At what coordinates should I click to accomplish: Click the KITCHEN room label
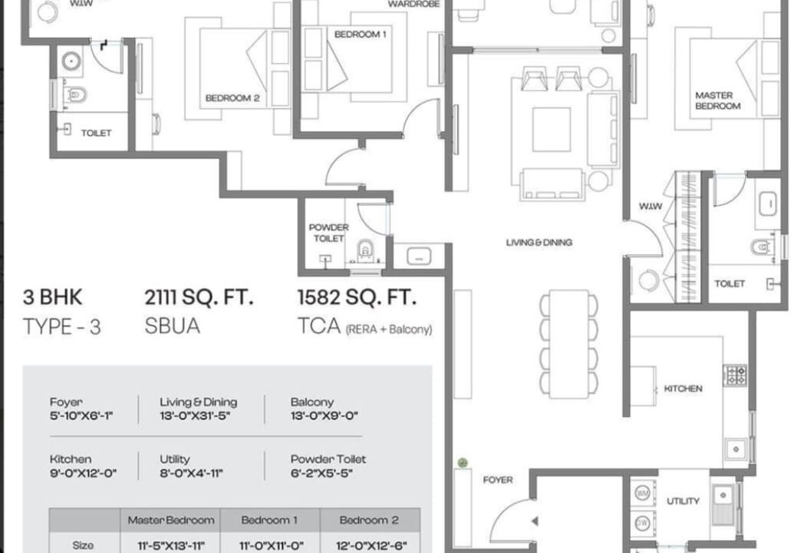pyautogui.click(x=683, y=389)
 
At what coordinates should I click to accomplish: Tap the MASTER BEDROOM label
pyautogui.click(x=717, y=101)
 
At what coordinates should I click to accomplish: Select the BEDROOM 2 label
pyautogui.click(x=232, y=98)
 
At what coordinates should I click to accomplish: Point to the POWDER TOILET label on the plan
pyautogui.click(x=328, y=233)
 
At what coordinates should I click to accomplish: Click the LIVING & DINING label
pyautogui.click(x=539, y=242)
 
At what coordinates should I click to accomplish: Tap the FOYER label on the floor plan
pyautogui.click(x=498, y=480)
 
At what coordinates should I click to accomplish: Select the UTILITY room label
pyautogui.click(x=683, y=501)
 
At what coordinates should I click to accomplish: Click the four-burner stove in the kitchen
pyautogui.click(x=735, y=375)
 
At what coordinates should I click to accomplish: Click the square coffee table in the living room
pyautogui.click(x=552, y=129)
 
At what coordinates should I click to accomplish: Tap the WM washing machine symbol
pyautogui.click(x=643, y=493)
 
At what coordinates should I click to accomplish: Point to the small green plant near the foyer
pyautogui.click(x=463, y=462)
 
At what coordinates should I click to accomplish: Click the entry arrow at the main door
pyautogui.click(x=535, y=521)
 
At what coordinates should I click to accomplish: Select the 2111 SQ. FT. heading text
pyautogui.click(x=199, y=297)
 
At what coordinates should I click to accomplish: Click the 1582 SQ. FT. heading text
pyautogui.click(x=356, y=297)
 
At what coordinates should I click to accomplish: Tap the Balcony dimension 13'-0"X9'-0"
pyautogui.click(x=324, y=416)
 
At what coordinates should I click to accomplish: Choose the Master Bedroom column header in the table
pyautogui.click(x=171, y=520)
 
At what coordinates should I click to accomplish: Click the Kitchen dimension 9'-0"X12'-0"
pyautogui.click(x=83, y=472)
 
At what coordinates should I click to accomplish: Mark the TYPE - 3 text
pyautogui.click(x=62, y=326)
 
